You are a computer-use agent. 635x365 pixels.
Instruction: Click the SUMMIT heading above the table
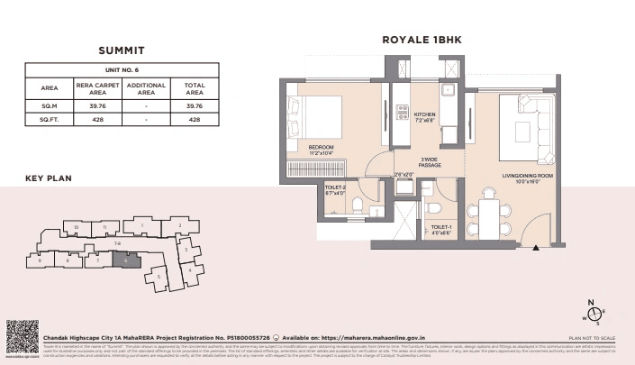[122, 50]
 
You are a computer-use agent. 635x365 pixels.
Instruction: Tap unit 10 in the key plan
[77, 226]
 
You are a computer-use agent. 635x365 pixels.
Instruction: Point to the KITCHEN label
[424, 114]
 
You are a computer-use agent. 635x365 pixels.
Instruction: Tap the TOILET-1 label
[441, 228]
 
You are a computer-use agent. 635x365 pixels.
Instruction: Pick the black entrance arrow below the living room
[536, 246]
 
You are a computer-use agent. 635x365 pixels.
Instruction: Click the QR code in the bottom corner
[22, 335]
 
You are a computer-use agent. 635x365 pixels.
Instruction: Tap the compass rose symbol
[593, 313]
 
